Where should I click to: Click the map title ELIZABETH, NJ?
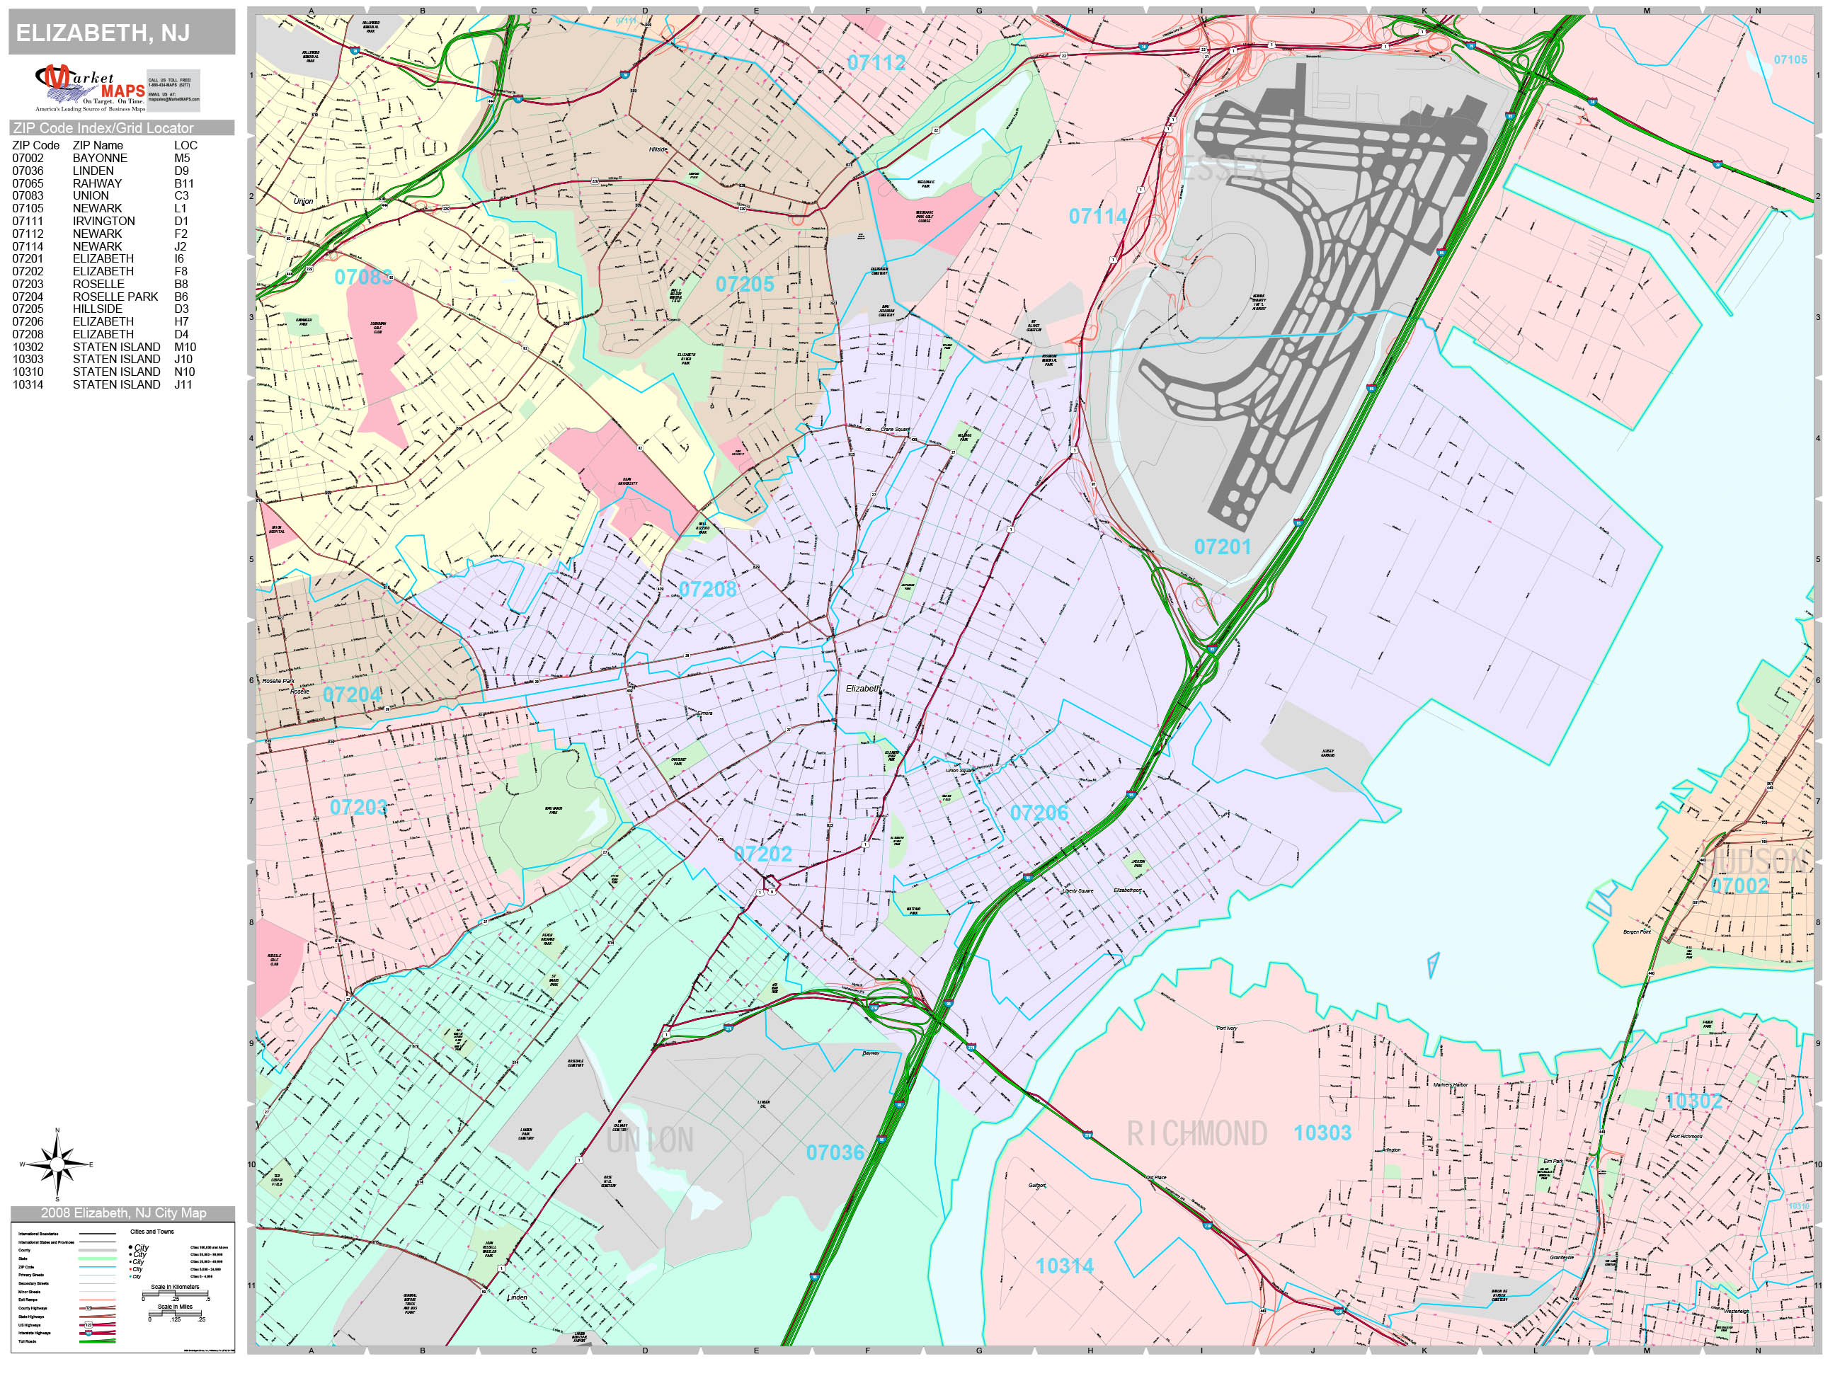(103, 33)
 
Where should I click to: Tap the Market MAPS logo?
(90, 88)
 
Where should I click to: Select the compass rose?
(57, 1164)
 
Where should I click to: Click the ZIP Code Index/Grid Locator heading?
(103, 127)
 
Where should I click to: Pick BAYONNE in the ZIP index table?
(100, 159)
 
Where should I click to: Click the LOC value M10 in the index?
(185, 347)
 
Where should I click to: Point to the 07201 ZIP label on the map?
(1222, 546)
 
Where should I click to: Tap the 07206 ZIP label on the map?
(1039, 813)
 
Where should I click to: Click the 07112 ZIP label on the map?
(876, 62)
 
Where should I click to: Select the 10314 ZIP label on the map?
(1064, 1266)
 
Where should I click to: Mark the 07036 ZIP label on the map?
(835, 1152)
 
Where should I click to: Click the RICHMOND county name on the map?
(1196, 1134)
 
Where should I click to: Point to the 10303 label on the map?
(1322, 1132)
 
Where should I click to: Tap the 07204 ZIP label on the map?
(352, 695)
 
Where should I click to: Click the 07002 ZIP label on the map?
(1739, 885)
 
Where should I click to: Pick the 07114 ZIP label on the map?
(1097, 217)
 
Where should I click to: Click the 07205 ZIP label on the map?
(744, 285)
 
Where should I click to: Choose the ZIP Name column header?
(98, 145)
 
